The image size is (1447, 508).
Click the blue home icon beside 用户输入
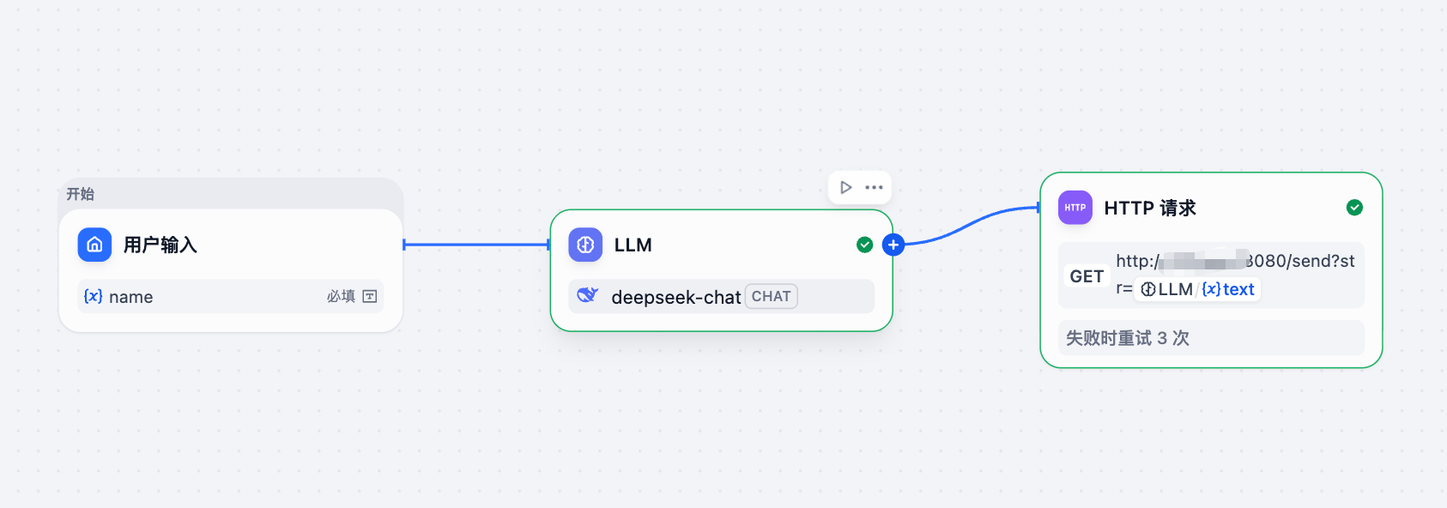(x=94, y=245)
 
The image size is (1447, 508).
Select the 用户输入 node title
(x=160, y=245)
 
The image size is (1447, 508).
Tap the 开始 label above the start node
(x=81, y=194)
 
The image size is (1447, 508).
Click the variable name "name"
(x=130, y=297)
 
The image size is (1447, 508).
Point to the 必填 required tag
(x=341, y=296)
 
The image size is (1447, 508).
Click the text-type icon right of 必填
(x=370, y=296)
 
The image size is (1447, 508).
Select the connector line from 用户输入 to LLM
(x=476, y=245)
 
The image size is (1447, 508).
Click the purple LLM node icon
(x=585, y=245)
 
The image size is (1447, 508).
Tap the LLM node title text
(x=633, y=245)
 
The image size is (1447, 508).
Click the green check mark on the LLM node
(x=864, y=245)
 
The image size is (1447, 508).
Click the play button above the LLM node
(x=846, y=187)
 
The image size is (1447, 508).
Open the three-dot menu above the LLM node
(x=874, y=187)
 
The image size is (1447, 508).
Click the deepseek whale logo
(x=587, y=296)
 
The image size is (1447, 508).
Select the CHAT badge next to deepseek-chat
(x=771, y=296)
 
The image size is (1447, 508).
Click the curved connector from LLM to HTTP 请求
(x=970, y=225)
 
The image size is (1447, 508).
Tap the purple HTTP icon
(x=1075, y=208)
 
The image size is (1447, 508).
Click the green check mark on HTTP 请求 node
(x=1354, y=208)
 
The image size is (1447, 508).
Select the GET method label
(x=1087, y=276)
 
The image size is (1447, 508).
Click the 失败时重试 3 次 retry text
(x=1127, y=338)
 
